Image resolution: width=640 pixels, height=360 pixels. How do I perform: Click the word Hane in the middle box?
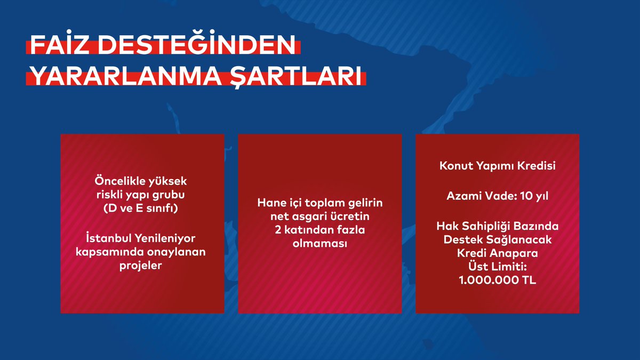pyautogui.click(x=270, y=203)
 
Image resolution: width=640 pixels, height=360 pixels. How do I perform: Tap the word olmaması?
pyautogui.click(x=320, y=243)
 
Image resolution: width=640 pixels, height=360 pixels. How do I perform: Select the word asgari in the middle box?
pyautogui.click(x=305, y=217)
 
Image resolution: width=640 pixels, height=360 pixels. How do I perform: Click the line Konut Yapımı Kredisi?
pyautogui.click(x=497, y=166)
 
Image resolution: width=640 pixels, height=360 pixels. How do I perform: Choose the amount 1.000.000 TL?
pyautogui.click(x=497, y=278)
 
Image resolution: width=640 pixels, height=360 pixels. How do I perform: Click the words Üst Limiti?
pyautogui.click(x=497, y=265)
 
